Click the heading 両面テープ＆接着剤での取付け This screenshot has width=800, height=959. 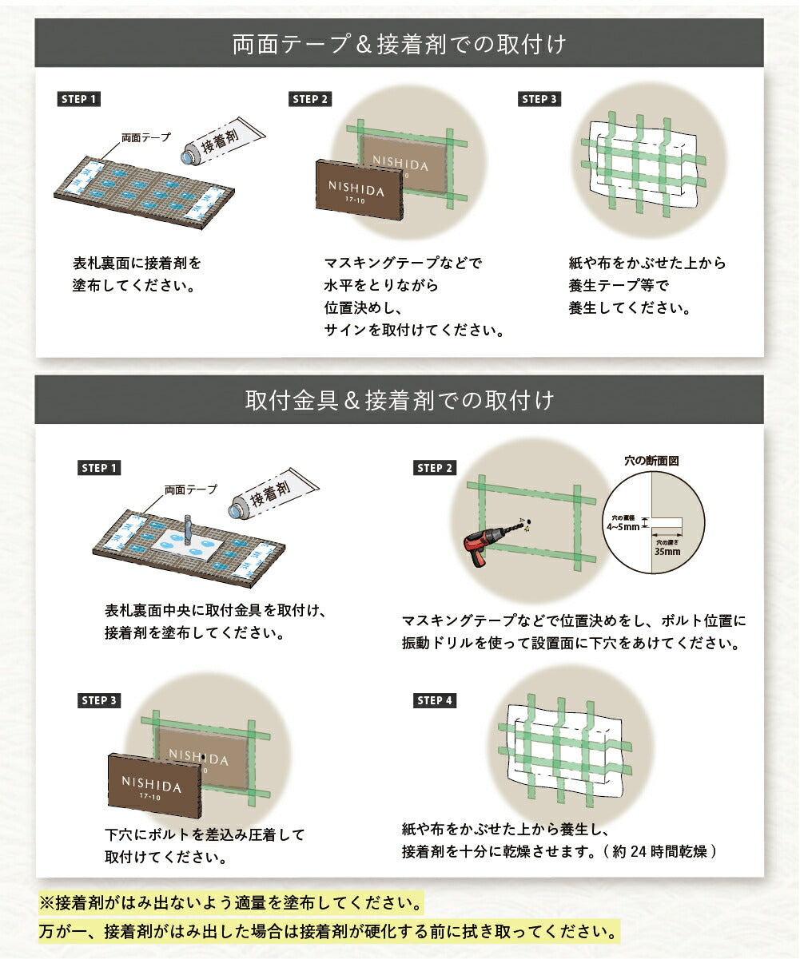coord(399,44)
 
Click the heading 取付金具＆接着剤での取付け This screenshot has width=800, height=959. coord(399,400)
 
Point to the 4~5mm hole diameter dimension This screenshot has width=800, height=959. coord(623,527)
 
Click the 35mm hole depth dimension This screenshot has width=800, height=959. coord(667,551)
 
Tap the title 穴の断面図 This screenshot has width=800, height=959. coord(651,461)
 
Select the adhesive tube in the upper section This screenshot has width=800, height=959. coord(223,141)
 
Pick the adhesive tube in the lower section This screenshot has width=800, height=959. coord(273,494)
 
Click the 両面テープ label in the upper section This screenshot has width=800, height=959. coord(145,137)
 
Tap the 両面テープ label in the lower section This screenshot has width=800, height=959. coord(191,489)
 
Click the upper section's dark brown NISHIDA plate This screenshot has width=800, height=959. coord(359,190)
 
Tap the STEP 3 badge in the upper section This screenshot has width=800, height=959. coord(539,99)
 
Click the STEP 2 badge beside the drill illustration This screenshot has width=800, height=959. coord(435,468)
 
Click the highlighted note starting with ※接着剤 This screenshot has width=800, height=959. coord(230,902)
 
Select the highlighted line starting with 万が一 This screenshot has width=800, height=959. coord(328,931)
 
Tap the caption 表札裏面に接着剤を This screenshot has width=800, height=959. coord(137,264)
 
